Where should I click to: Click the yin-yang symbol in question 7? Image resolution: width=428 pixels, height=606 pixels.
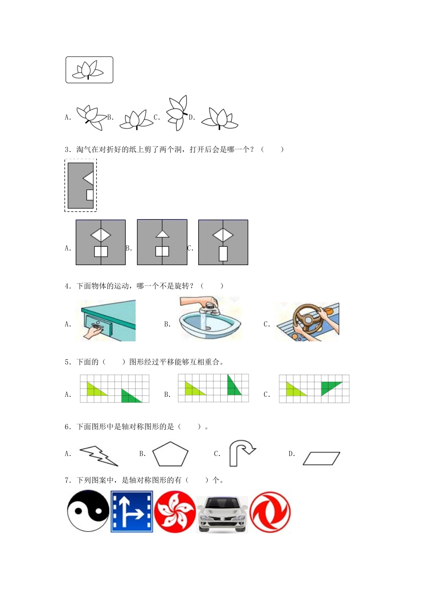tap(88, 511)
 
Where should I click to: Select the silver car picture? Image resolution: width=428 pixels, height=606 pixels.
tap(223, 514)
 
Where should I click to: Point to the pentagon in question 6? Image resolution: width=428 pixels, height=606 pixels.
tap(170, 454)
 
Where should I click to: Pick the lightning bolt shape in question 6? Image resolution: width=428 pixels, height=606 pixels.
tap(99, 455)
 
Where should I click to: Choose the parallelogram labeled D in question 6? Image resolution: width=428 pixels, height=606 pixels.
tap(321, 458)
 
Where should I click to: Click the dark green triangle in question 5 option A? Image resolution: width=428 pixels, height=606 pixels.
tap(131, 396)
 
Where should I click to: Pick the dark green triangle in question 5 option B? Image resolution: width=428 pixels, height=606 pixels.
tap(233, 386)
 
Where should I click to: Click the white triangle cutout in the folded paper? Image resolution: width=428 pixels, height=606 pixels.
tap(89, 179)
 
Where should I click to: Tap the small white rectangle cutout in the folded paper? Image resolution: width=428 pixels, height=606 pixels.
tap(90, 195)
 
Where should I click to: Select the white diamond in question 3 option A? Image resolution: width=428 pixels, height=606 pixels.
tap(100, 235)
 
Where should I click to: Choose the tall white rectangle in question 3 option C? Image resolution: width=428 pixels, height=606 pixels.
tap(223, 253)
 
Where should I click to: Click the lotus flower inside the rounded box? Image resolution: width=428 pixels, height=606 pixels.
tap(89, 70)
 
